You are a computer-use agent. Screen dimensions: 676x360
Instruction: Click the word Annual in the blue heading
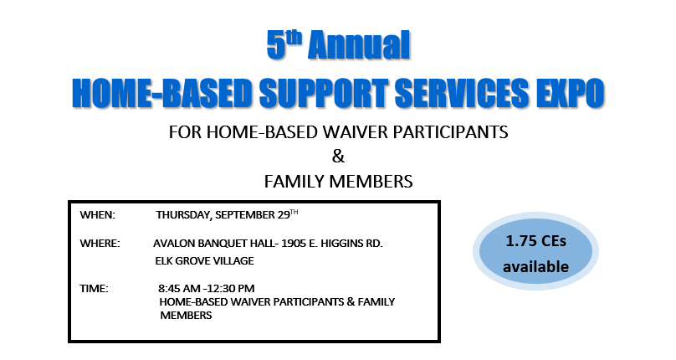[359, 45]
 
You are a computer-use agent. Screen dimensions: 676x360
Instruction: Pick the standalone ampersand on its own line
[339, 157]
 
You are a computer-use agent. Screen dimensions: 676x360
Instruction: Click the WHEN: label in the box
[97, 215]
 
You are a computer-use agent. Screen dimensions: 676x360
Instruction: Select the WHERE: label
[100, 244]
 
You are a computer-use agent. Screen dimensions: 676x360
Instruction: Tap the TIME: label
[94, 288]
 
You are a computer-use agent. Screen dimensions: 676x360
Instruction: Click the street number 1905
[294, 244]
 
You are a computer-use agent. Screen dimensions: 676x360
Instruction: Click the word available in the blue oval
[536, 266]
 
